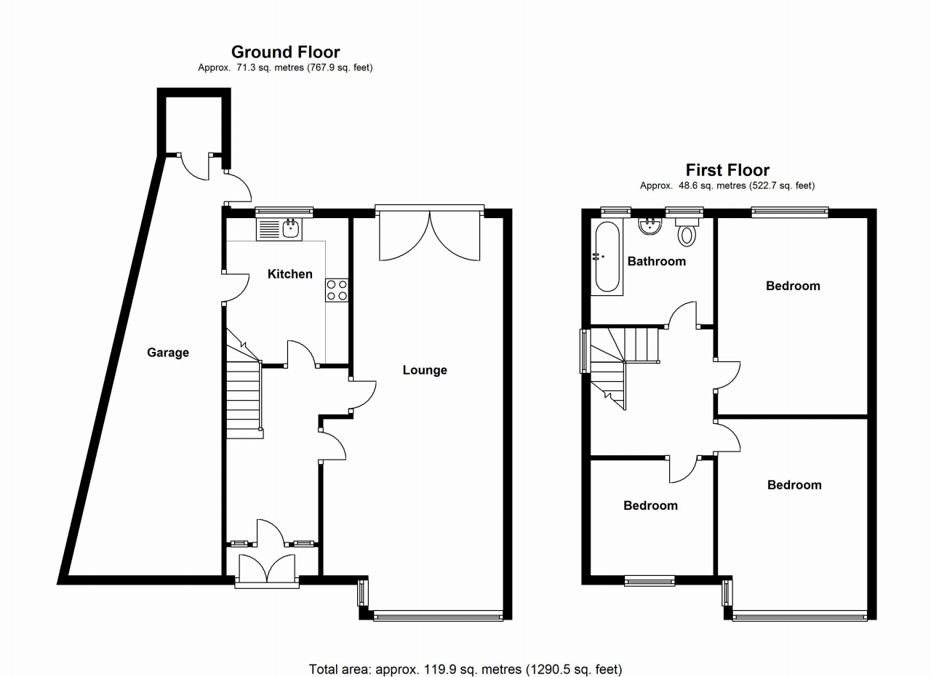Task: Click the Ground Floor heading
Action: [x=285, y=52]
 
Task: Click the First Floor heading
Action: [x=727, y=170]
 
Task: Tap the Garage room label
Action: [x=168, y=353]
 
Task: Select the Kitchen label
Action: [x=290, y=274]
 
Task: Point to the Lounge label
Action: [x=425, y=370]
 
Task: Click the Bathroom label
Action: [x=656, y=261]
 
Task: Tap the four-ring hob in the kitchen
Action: [x=337, y=289]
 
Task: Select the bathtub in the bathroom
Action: [x=607, y=257]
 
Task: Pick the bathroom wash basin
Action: [x=650, y=227]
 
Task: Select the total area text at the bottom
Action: [x=465, y=668]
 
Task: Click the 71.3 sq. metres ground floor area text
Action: [x=285, y=68]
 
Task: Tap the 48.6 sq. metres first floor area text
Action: [x=727, y=185]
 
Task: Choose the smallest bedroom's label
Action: [x=650, y=505]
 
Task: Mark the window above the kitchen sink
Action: [x=284, y=212]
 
